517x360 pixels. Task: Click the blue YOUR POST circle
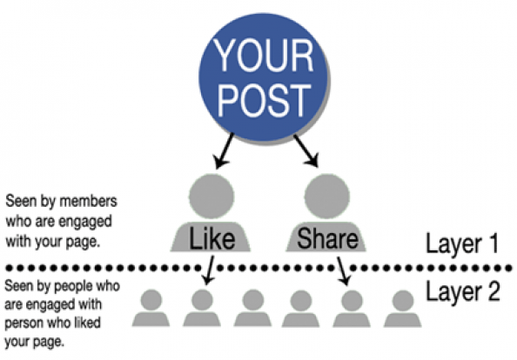coord(263,77)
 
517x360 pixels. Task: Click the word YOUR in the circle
coord(263,55)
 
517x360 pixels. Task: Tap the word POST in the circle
coord(264,100)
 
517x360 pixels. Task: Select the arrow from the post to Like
coord(223,150)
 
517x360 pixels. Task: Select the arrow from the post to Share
coord(306,150)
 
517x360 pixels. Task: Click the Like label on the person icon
coord(211,238)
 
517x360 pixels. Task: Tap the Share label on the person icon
coord(327,238)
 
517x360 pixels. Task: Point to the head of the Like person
coord(211,197)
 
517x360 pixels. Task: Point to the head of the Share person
coord(326,197)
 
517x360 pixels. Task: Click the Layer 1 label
coord(462,243)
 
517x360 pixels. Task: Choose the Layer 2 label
coord(462,291)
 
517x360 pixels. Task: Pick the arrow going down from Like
coord(209,270)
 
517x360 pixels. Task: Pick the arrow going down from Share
coord(343,270)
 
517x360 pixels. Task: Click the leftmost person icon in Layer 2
coord(151,309)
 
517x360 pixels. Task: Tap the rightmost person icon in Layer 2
coord(403,309)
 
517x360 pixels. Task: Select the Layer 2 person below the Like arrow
coord(202,309)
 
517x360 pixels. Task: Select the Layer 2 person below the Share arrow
coord(352,309)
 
